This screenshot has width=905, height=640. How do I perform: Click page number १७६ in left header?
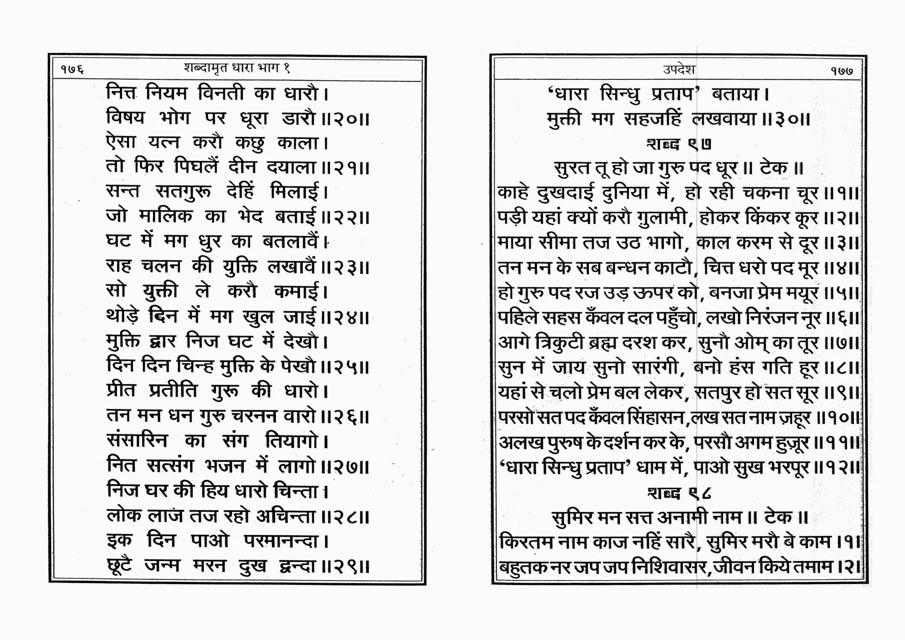click(72, 69)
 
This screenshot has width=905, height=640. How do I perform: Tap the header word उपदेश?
click(679, 70)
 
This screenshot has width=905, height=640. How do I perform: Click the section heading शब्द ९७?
click(679, 144)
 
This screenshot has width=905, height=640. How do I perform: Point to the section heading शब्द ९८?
click(679, 493)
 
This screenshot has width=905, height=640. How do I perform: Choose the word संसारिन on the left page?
click(137, 441)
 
